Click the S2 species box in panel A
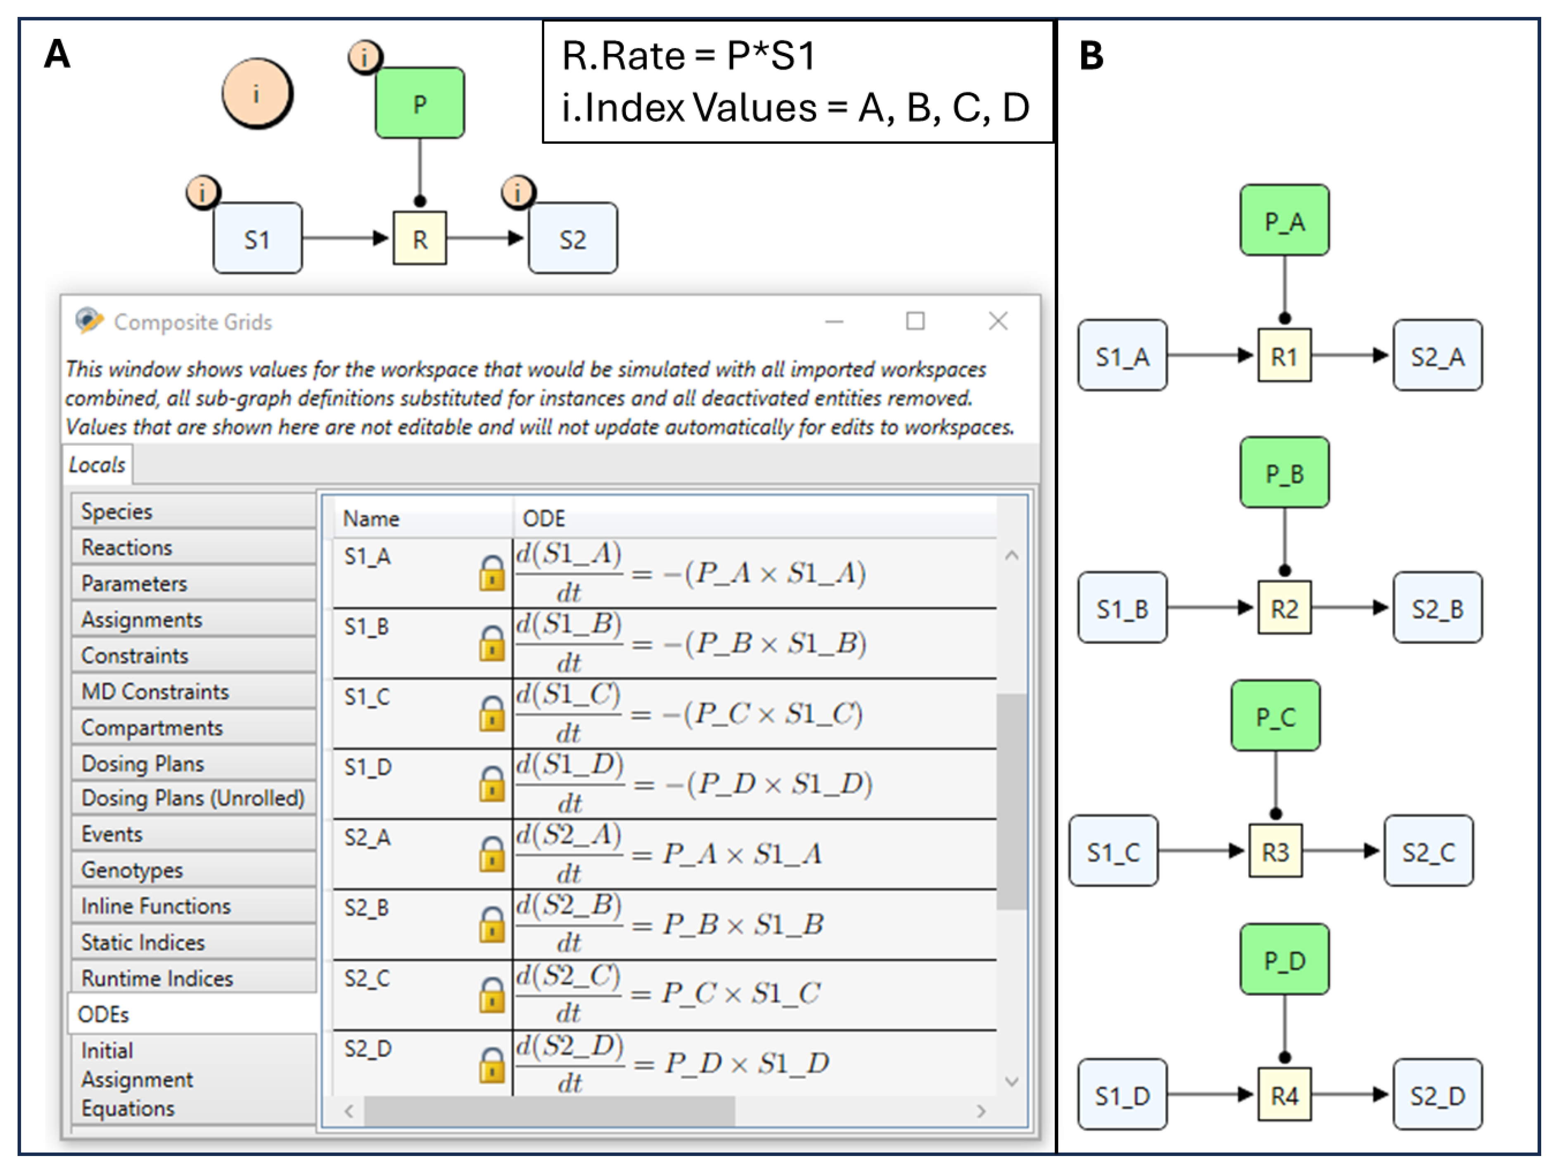[x=572, y=239]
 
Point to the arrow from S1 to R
[x=346, y=238]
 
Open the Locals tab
[x=97, y=464]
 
